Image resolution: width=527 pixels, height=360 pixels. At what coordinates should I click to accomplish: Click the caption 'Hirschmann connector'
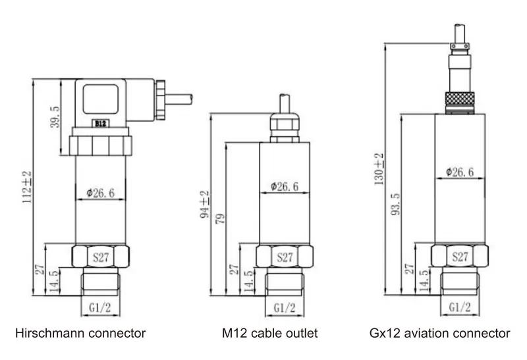coord(80,334)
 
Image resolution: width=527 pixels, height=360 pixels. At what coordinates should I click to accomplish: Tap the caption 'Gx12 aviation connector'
coord(440,334)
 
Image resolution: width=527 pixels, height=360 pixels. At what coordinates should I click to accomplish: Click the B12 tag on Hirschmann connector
coord(101,123)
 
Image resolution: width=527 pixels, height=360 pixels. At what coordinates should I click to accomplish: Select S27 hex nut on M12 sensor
coord(285,257)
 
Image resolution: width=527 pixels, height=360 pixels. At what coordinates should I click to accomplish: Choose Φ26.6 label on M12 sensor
coord(285,186)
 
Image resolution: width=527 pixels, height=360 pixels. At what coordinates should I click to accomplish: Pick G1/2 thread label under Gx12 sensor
coord(459,307)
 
